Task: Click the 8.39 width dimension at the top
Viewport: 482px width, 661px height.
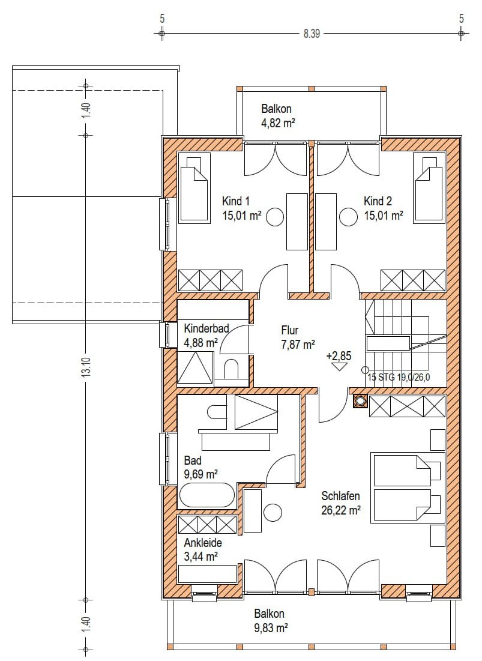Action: (x=312, y=33)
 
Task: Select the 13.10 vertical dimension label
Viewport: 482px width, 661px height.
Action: (x=86, y=369)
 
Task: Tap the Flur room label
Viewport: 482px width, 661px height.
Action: (x=290, y=330)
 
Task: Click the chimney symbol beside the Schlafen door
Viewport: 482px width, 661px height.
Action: (x=360, y=401)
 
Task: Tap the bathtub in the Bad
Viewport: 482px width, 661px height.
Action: (x=207, y=495)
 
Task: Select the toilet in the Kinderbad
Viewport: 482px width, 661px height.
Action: (x=231, y=369)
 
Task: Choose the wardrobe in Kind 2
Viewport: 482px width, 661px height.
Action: (x=413, y=280)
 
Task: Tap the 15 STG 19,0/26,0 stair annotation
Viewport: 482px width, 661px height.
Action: (x=399, y=377)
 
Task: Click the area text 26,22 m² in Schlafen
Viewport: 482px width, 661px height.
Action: (x=341, y=510)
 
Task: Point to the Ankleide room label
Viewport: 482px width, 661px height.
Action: (x=203, y=543)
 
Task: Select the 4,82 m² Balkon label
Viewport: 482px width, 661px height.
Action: (x=278, y=124)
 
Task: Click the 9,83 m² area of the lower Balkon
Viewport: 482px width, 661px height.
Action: (x=271, y=628)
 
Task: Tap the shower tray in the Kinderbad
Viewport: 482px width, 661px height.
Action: (x=194, y=367)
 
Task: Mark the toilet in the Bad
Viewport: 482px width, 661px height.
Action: (x=217, y=412)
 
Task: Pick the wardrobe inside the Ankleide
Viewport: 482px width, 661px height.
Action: (x=207, y=525)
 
